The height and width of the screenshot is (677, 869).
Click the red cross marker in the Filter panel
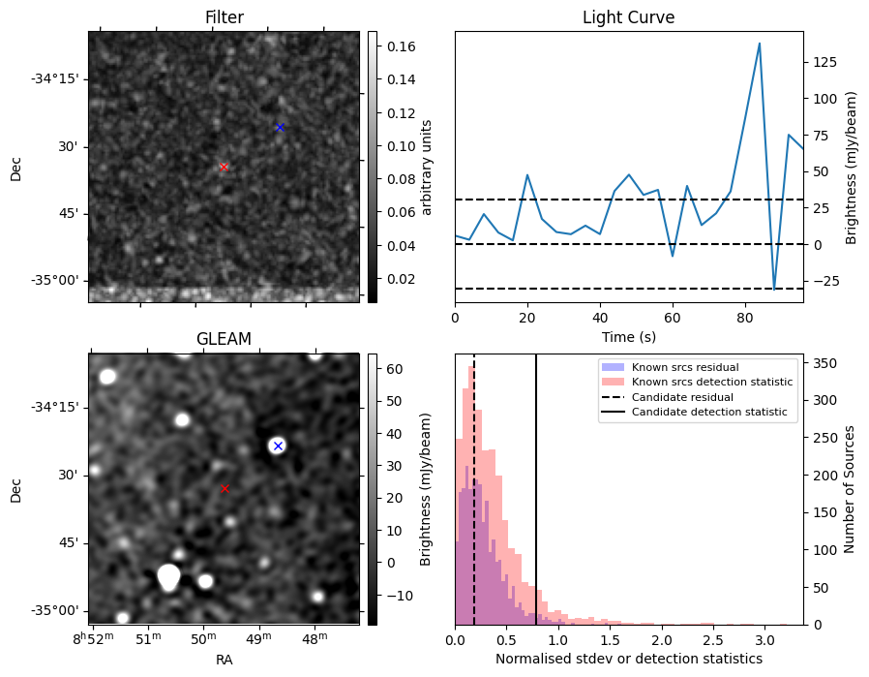click(x=224, y=167)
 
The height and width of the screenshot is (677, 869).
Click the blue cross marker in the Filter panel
click(x=280, y=127)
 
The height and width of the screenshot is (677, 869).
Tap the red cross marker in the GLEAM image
click(x=225, y=489)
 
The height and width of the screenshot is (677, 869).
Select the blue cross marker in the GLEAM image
click(x=278, y=446)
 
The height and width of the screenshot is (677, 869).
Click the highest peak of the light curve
click(x=760, y=44)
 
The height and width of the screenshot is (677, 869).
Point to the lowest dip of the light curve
click(x=774, y=289)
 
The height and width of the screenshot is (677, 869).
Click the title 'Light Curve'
click(x=628, y=17)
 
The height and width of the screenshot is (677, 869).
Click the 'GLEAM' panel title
click(x=224, y=339)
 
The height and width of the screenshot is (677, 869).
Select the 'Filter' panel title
click(x=224, y=17)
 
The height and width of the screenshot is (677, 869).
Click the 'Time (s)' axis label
click(x=628, y=341)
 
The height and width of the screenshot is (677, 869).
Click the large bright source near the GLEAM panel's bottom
click(x=169, y=576)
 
